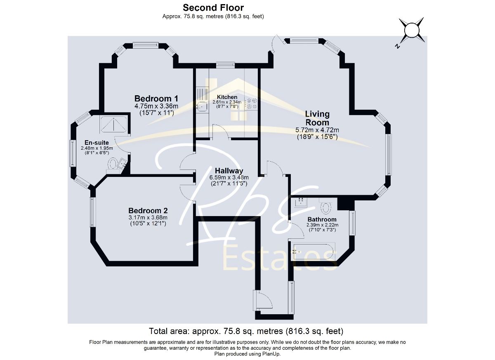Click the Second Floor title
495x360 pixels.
pyautogui.click(x=213, y=8)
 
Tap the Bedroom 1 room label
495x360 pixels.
pyautogui.click(x=156, y=99)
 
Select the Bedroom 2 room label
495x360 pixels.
pyautogui.click(x=148, y=210)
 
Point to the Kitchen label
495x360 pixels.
pyautogui.click(x=227, y=97)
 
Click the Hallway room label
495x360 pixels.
pyautogui.click(x=229, y=171)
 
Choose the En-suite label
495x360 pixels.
pyautogui.click(x=97, y=143)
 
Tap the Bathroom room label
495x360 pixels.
pyautogui.click(x=322, y=219)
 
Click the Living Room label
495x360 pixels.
pyautogui.click(x=317, y=118)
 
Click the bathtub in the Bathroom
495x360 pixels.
pyautogui.click(x=313, y=252)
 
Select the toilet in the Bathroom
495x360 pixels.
pyautogui.click(x=325, y=206)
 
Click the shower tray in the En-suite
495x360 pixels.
pyautogui.click(x=114, y=125)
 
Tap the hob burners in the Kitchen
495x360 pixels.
pyautogui.click(x=252, y=104)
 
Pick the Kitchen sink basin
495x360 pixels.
pyautogui.click(x=203, y=107)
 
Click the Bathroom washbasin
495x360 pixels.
pyautogui.click(x=301, y=202)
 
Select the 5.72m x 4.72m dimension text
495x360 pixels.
pyautogui.click(x=317, y=130)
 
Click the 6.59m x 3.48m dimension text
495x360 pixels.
pyautogui.click(x=229, y=177)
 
